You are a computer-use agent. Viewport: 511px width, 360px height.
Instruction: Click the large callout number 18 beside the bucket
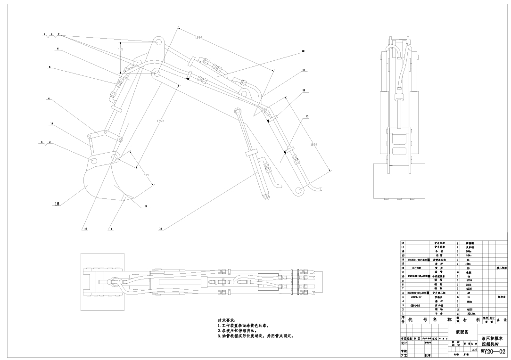pos(57,204)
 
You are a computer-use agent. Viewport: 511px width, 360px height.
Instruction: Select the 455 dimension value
pos(120,49)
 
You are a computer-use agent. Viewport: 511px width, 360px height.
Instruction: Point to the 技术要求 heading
pos(229,320)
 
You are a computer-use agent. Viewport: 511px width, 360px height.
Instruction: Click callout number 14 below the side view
pos(161,229)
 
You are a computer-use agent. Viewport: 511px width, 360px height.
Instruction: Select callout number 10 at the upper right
pos(303,50)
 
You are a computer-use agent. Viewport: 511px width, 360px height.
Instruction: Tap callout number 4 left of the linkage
pos(49,99)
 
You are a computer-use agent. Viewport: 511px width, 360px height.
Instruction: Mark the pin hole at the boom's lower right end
pos(298,190)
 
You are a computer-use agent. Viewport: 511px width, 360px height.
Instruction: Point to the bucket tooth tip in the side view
pos(124,196)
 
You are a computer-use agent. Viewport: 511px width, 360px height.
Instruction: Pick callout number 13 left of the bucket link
pos(51,123)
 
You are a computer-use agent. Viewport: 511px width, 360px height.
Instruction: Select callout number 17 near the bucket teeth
pos(146,206)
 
